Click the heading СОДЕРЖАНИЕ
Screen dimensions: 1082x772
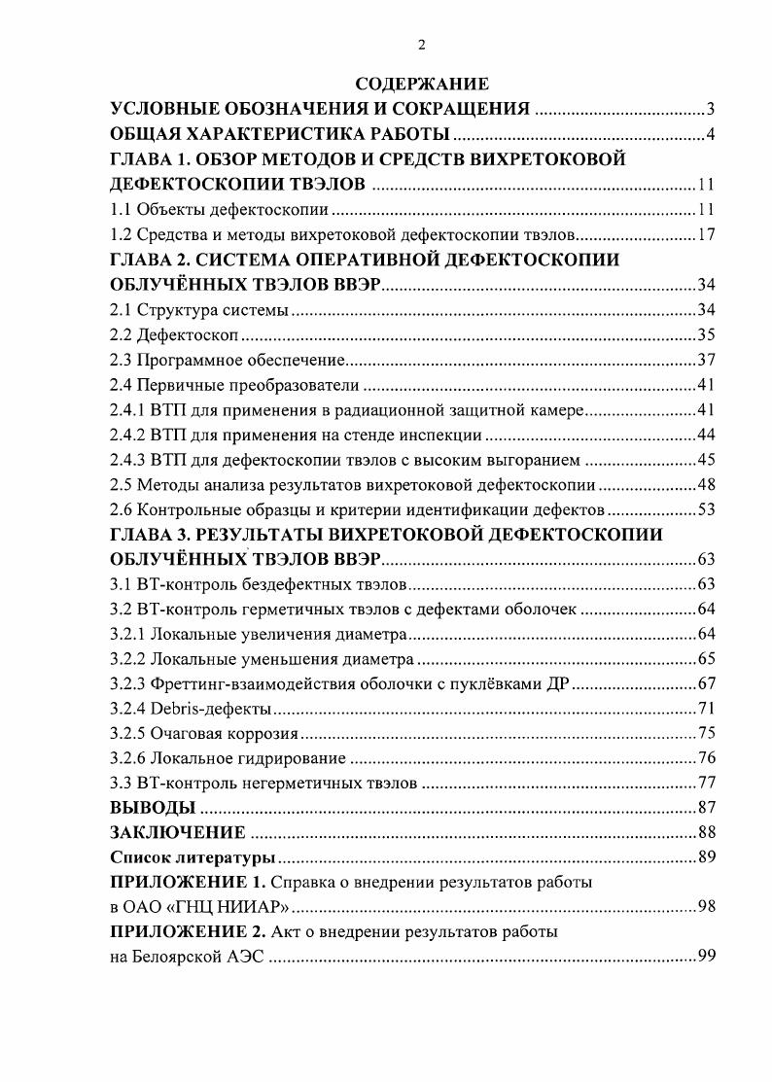(421, 84)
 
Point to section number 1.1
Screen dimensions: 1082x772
(120, 209)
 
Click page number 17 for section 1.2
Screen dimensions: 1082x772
(706, 234)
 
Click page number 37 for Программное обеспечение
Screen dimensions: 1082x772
(706, 361)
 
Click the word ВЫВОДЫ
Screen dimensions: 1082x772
(153, 808)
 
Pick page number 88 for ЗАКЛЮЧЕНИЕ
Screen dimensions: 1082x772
(706, 833)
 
